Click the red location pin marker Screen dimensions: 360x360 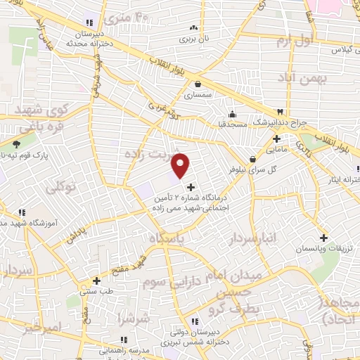coord(181,165)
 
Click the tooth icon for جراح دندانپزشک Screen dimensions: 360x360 coord(281,111)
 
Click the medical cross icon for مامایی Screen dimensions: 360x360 coord(276,139)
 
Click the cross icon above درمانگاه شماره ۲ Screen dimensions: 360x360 coord(192,188)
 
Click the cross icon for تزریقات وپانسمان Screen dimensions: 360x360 coord(323,238)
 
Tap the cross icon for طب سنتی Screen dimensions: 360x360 coord(97,281)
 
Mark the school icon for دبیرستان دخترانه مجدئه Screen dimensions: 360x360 coord(87,18)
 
